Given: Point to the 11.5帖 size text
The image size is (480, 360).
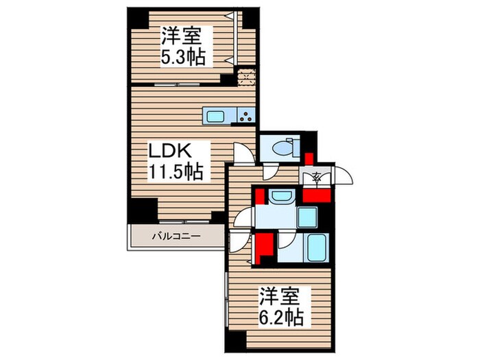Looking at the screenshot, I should click(x=176, y=171).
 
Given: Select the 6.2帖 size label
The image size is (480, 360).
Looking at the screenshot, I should click(x=281, y=317).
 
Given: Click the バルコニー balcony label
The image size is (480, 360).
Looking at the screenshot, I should click(x=175, y=237).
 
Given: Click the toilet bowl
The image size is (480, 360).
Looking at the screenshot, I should click(x=283, y=146).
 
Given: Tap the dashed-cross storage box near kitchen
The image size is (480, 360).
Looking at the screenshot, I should click(x=246, y=76).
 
